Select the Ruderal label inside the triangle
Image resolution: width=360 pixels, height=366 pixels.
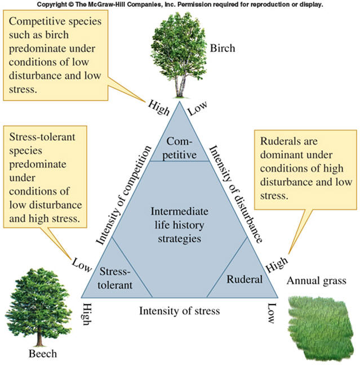[x=245, y=279]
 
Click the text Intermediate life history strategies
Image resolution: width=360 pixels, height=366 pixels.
[x=180, y=225]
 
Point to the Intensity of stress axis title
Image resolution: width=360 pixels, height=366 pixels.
[x=179, y=310]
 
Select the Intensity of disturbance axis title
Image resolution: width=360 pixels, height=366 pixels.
[x=235, y=193]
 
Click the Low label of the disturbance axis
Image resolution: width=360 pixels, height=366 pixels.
[x=198, y=106]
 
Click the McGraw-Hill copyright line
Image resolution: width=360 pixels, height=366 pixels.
[x=180, y=5]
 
